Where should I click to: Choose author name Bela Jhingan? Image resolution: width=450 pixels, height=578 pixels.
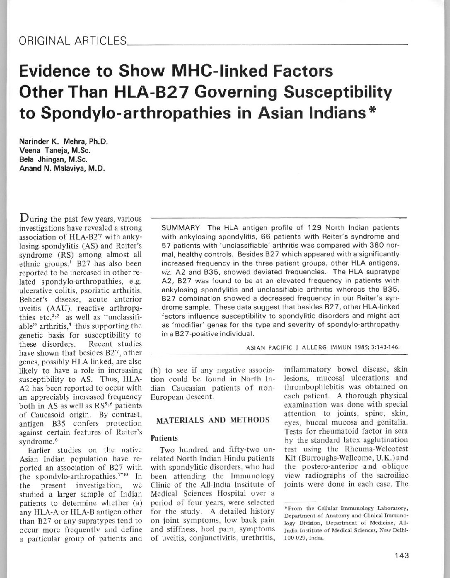[45, 160]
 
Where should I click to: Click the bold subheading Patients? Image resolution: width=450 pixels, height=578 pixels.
[159, 438]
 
